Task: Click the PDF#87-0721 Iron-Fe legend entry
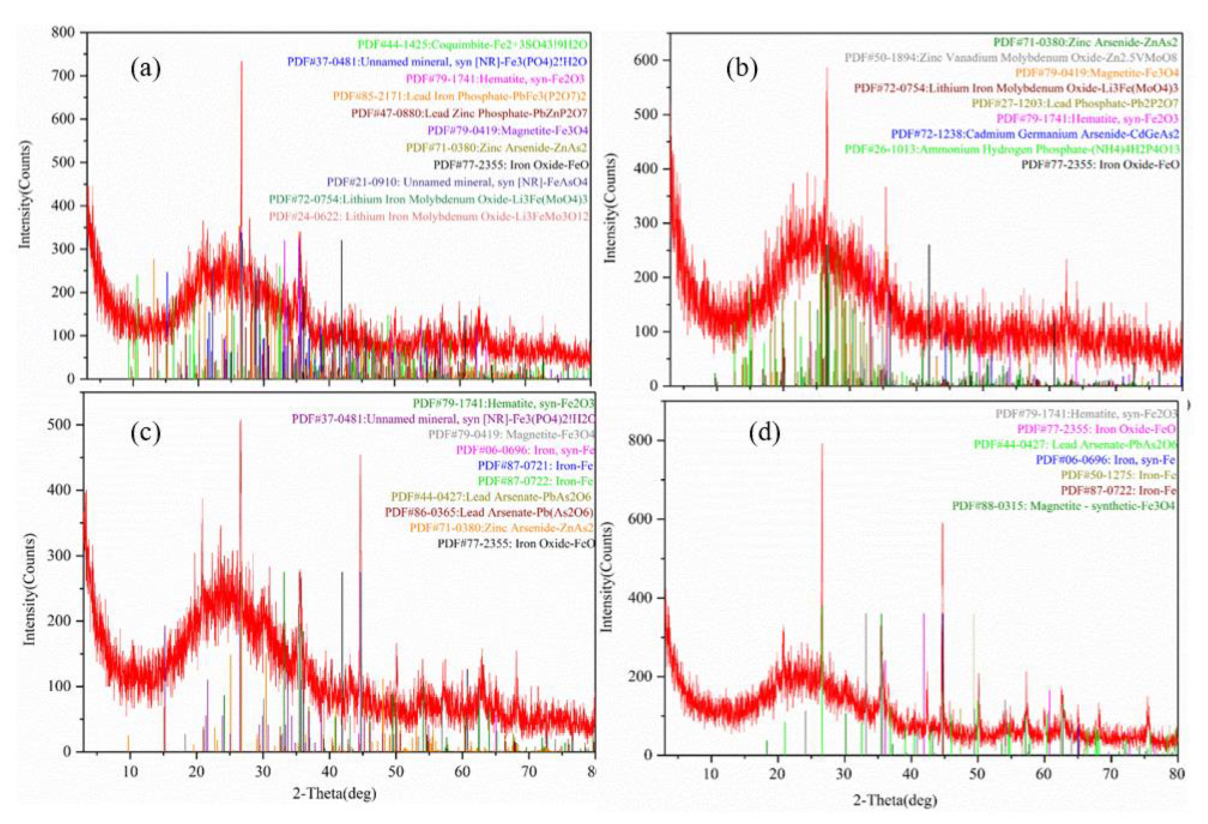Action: coord(535,465)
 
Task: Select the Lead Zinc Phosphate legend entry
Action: coord(469,113)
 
